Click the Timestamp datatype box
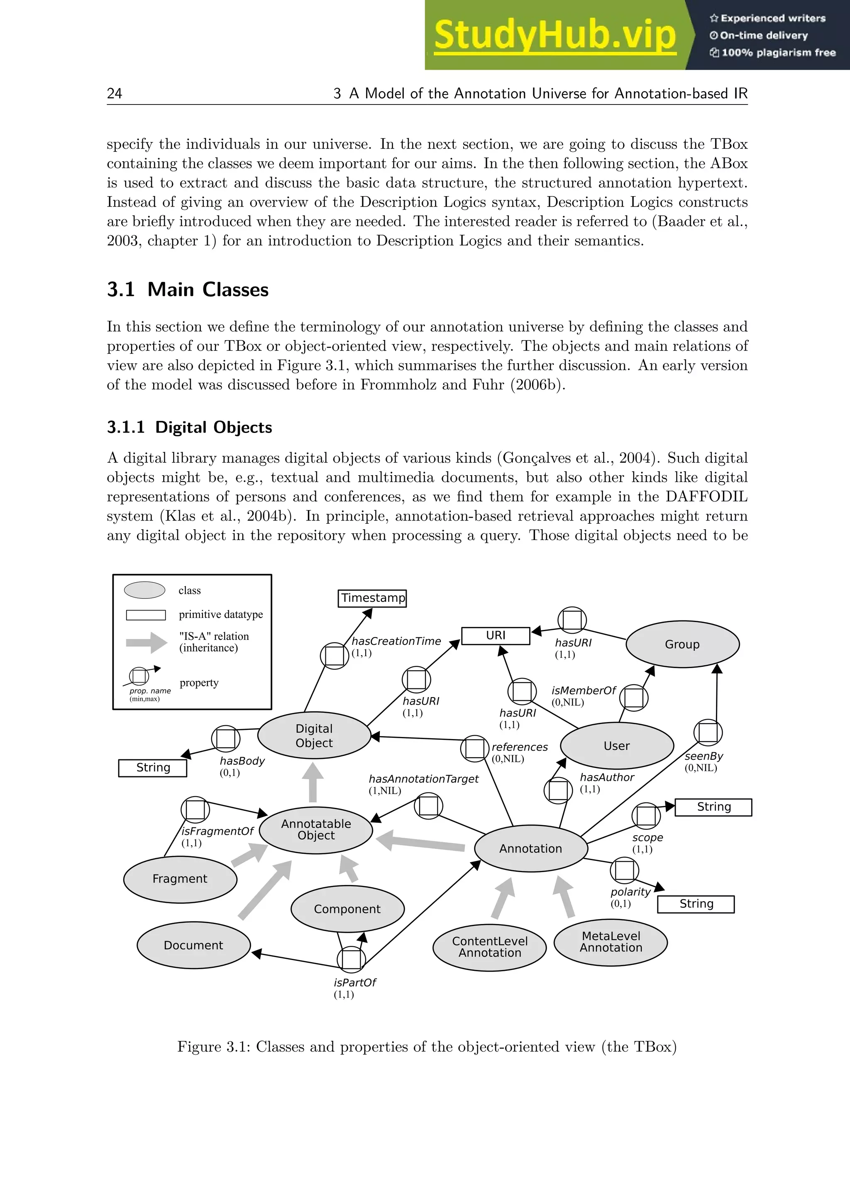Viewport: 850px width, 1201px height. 372,598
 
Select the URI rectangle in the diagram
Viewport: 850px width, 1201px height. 495,636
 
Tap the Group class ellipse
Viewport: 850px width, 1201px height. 682,644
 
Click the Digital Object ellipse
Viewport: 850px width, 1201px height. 314,735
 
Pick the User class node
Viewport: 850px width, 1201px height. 617,746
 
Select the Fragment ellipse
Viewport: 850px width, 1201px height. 180,879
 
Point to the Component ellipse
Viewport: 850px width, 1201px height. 347,909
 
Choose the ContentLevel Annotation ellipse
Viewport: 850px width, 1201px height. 490,947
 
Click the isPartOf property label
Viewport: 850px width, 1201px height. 355,983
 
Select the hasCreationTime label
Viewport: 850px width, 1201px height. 396,641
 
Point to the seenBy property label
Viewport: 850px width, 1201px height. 704,756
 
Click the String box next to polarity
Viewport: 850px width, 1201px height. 696,904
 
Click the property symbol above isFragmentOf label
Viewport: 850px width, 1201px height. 195,810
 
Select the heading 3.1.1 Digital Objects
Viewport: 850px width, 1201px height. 190,428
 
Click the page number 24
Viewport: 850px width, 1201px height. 115,94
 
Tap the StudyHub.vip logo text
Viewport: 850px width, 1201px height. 555,35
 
